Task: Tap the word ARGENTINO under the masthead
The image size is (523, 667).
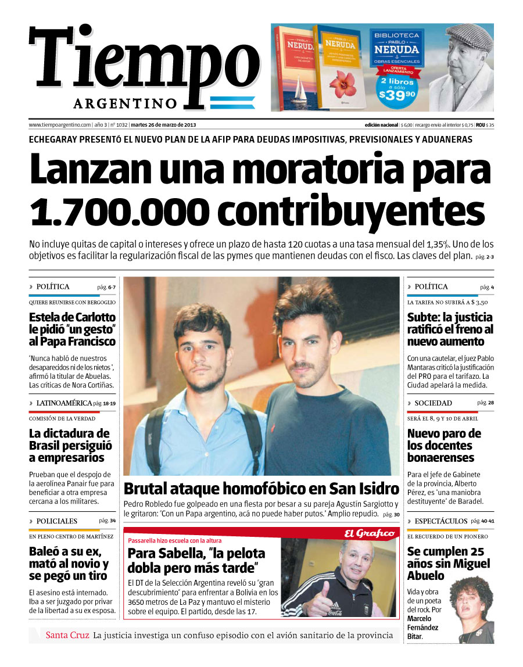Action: coord(125,103)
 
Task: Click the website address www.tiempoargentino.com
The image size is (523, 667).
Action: coord(60,125)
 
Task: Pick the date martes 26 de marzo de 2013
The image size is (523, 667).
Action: coord(163,125)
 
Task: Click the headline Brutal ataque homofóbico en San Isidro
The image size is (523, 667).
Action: coord(261,488)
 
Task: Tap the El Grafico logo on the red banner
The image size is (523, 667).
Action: coord(370,533)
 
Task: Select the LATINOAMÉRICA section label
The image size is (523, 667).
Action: coord(63,403)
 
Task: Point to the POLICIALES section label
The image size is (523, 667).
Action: coord(56,521)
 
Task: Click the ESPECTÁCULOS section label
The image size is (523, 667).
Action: coord(440,521)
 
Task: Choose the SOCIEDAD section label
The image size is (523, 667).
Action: coord(433,403)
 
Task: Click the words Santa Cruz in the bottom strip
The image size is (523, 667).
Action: coord(67,635)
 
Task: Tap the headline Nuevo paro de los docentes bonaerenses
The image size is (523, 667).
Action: coord(444,446)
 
